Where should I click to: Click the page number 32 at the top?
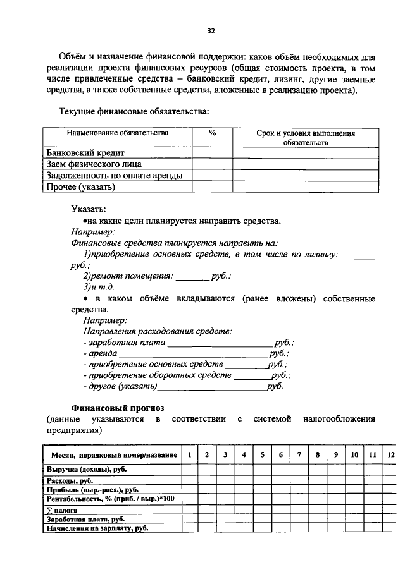tap(211, 30)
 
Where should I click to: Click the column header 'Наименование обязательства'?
tap(118, 134)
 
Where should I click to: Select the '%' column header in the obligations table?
tap(212, 134)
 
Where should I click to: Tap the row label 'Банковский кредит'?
tap(86, 153)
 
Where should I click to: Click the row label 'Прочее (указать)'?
tap(82, 186)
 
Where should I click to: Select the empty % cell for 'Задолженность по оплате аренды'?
tap(212, 175)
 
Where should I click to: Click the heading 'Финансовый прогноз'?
tap(121, 408)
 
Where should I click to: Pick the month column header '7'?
tap(299, 455)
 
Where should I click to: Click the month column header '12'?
tap(390, 455)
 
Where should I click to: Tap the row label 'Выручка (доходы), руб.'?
tap(88, 469)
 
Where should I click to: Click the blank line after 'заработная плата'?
tap(219, 343)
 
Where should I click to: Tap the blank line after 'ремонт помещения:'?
tap(192, 277)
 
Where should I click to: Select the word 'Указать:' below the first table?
tap(89, 209)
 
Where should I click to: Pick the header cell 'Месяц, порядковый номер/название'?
tap(111, 455)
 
